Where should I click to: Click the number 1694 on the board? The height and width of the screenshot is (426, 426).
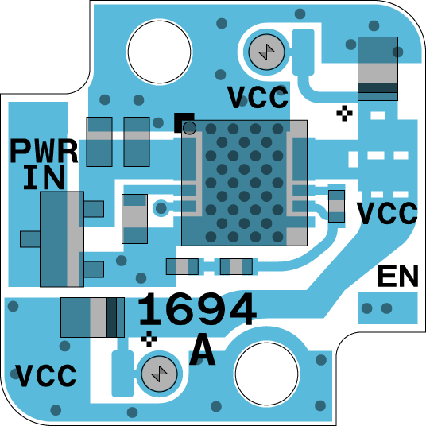pyautogui.click(x=198, y=309)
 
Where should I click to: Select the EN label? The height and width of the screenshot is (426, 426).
pyautogui.click(x=398, y=276)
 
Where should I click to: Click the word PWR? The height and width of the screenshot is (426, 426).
pyautogui.click(x=44, y=151)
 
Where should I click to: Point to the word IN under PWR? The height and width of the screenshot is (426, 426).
pyautogui.click(x=45, y=178)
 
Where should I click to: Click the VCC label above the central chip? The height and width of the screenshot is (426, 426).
pyautogui.click(x=258, y=97)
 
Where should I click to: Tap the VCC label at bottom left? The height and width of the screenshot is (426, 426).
pyautogui.click(x=45, y=375)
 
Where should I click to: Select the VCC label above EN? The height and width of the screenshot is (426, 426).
pyautogui.click(x=387, y=213)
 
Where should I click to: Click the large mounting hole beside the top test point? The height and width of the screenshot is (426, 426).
pyautogui.click(x=160, y=52)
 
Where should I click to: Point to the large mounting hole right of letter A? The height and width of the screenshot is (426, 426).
pyautogui.click(x=266, y=374)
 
